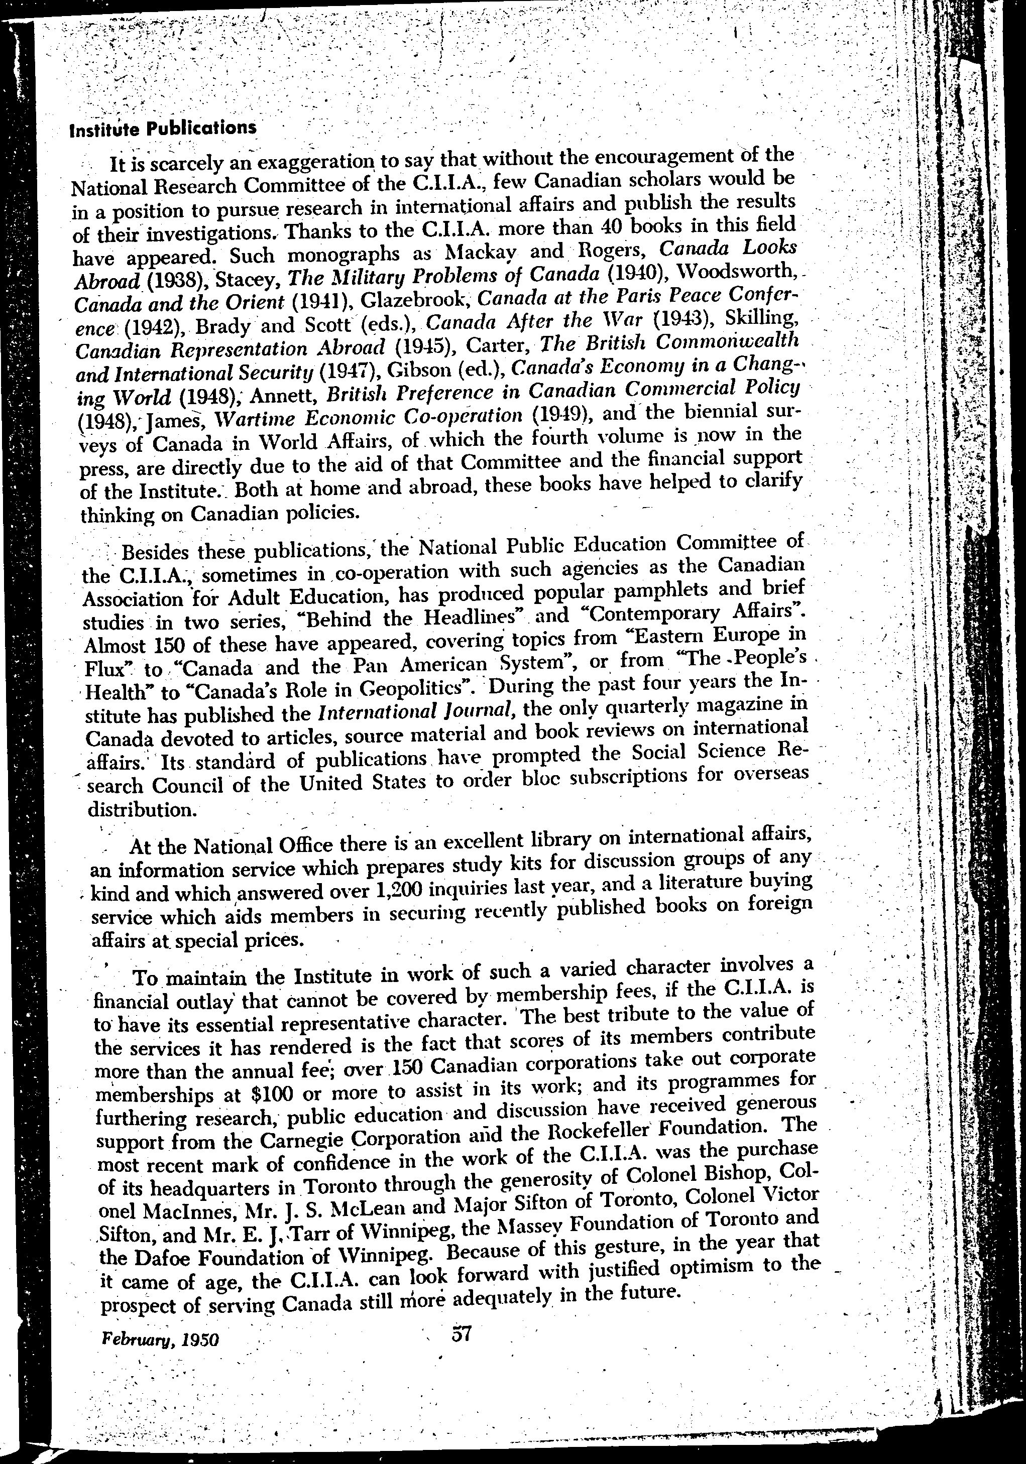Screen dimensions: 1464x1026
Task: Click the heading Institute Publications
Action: [163, 128]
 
